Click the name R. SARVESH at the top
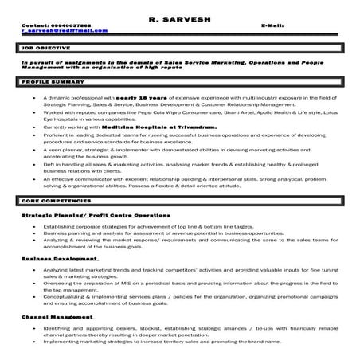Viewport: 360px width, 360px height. coord(179,17)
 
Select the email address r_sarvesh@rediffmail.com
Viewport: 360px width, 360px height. coord(64,31)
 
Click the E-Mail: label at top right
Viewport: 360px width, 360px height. coord(272,25)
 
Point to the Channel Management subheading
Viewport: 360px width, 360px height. coord(57,316)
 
